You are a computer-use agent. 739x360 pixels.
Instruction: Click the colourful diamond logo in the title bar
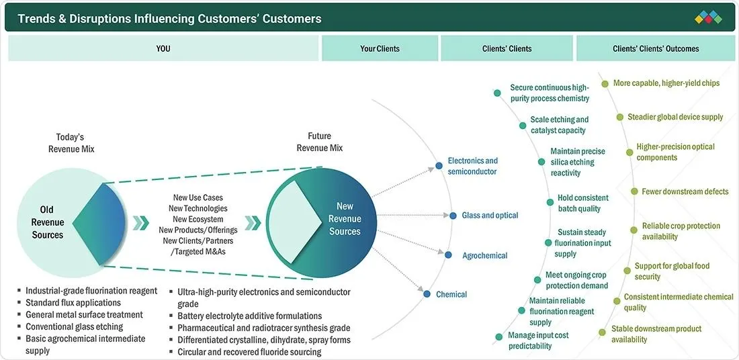point(708,17)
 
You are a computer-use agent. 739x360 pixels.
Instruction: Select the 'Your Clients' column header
point(380,48)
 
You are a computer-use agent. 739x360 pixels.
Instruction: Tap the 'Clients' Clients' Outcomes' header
point(656,48)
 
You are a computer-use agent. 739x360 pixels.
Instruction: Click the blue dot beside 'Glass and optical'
point(453,216)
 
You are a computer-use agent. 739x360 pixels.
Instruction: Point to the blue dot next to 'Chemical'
point(427,294)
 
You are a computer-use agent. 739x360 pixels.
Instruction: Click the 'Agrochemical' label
point(485,255)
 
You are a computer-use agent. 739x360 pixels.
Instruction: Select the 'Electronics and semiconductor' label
point(472,166)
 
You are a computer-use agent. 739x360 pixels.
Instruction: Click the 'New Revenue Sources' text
point(345,219)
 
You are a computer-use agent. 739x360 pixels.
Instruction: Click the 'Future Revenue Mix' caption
point(320,142)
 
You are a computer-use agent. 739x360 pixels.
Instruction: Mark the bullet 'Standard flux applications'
point(73,302)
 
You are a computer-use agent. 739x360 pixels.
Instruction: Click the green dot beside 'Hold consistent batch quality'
point(550,202)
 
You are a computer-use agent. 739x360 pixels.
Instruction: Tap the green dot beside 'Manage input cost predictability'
point(498,336)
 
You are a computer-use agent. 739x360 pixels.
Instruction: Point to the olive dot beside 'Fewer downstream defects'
point(634,191)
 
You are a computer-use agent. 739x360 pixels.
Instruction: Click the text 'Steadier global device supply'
point(675,116)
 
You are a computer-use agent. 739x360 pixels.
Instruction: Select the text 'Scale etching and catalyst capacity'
point(560,125)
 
